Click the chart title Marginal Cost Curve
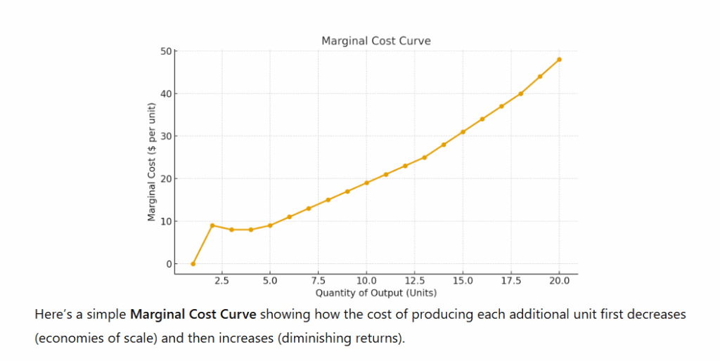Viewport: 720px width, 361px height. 375,41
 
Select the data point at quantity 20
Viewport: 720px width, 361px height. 559,60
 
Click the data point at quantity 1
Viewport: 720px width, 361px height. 193,264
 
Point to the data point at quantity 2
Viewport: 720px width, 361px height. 212,225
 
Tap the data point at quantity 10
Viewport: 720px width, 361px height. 366,183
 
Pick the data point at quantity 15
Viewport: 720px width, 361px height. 463,132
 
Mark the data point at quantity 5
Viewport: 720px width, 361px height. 270,225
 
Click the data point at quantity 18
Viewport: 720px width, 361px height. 521,93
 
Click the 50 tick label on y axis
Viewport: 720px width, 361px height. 165,51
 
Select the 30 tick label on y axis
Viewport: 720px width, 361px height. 165,136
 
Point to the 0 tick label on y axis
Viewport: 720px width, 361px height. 168,264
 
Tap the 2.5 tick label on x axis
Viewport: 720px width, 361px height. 221,281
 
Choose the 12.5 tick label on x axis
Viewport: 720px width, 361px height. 414,281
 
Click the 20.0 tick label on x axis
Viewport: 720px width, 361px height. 559,281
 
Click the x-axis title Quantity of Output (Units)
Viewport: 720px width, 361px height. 375,292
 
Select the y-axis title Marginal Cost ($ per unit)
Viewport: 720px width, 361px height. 151,162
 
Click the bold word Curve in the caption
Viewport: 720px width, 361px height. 239,314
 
